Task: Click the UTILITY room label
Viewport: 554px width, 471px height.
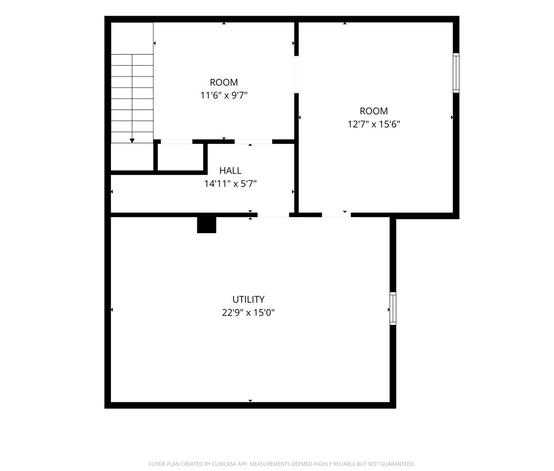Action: click(x=248, y=299)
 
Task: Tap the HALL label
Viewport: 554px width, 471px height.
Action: click(x=230, y=170)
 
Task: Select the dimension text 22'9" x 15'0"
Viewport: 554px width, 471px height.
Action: click(x=248, y=313)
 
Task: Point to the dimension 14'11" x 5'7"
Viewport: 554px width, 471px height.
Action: click(x=230, y=184)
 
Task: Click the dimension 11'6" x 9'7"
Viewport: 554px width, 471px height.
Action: click(x=224, y=96)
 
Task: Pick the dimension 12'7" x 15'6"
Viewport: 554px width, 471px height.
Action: click(x=374, y=124)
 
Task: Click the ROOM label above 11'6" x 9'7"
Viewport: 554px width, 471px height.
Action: click(x=224, y=82)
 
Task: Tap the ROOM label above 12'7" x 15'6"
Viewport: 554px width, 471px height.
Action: click(x=374, y=111)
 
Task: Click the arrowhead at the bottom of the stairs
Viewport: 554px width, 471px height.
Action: click(x=132, y=140)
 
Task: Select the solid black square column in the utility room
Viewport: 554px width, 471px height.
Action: click(x=207, y=225)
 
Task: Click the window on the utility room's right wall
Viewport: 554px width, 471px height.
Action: click(x=392, y=308)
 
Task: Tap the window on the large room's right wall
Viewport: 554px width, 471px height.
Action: click(x=456, y=73)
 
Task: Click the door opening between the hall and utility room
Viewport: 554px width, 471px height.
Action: click(x=273, y=215)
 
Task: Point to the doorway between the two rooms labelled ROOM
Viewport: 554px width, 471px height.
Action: click(x=296, y=75)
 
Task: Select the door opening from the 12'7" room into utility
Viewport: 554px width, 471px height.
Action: click(x=336, y=215)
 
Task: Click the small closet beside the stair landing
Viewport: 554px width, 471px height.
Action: click(x=180, y=157)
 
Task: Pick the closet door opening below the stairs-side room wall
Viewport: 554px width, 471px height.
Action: click(x=177, y=142)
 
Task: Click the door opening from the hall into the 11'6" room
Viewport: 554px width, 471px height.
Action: click(x=253, y=142)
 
